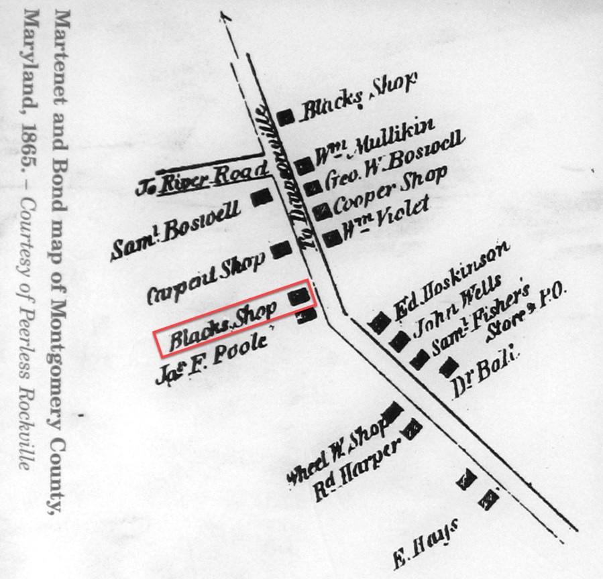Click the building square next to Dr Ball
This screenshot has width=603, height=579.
447,366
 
